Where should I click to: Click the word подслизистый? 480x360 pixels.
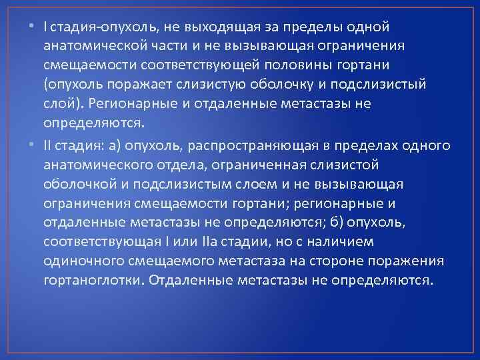point(377,85)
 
